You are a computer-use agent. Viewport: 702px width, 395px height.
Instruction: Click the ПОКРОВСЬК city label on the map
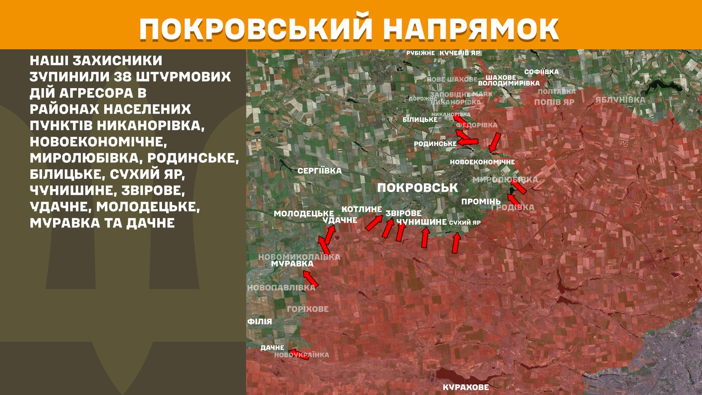click(418, 188)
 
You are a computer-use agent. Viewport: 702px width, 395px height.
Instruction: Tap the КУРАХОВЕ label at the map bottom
click(465, 387)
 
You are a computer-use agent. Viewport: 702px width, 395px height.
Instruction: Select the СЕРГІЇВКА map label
click(319, 171)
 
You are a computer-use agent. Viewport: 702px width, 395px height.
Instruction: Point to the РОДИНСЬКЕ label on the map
click(435, 144)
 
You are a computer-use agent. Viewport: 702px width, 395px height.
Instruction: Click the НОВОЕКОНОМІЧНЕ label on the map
click(482, 162)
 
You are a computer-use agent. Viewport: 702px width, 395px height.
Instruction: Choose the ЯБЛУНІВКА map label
click(620, 100)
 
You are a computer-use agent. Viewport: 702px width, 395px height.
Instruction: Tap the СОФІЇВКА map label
click(541, 72)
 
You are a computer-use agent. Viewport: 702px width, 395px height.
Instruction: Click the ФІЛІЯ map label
click(260, 321)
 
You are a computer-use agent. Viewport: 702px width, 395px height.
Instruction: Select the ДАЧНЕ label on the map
click(272, 348)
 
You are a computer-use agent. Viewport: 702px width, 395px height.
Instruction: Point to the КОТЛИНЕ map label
click(362, 209)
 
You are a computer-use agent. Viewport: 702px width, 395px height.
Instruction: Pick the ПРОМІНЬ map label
click(481, 202)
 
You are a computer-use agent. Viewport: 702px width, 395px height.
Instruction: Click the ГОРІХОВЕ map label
click(307, 309)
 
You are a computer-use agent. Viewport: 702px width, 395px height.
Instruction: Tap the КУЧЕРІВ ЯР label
click(460, 53)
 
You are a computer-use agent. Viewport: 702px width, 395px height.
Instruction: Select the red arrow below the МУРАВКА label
click(310, 279)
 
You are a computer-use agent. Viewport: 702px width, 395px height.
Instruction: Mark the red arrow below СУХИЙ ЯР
click(456, 243)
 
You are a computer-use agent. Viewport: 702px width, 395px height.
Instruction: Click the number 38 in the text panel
click(122, 77)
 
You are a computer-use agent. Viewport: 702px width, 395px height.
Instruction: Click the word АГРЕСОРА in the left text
click(96, 93)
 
